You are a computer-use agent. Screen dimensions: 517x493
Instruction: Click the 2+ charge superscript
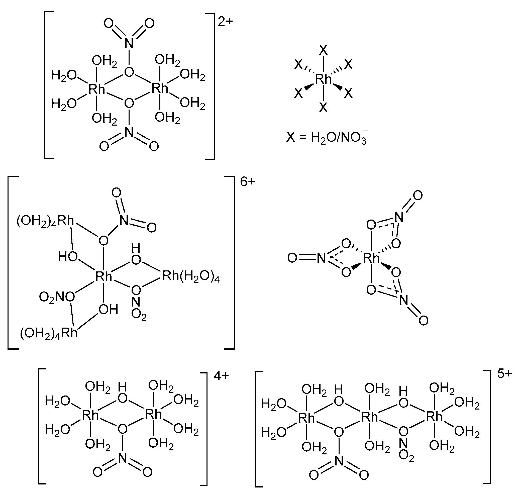pos(225,22)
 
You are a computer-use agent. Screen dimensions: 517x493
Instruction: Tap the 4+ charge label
pos(221,376)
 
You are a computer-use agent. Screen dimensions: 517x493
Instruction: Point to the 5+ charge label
pos(504,374)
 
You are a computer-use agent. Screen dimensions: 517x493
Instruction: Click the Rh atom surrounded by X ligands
pos(323,79)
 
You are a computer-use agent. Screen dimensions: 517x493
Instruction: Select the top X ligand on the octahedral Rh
pos(323,50)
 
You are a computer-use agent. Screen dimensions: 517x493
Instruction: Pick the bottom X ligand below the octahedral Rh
pos(323,108)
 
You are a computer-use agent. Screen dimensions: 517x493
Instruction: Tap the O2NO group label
pos(57,297)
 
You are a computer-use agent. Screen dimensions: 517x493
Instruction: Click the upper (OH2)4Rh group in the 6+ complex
pos(45,221)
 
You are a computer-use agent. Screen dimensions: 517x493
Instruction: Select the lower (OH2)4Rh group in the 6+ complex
pos(49,334)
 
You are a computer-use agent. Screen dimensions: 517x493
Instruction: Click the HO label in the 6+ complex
pos(68,256)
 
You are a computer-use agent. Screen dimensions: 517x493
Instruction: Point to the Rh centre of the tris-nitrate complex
pos(371,259)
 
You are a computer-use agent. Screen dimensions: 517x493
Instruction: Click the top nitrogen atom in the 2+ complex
pos(129,43)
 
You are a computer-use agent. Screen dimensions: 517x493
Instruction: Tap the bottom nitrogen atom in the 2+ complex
pos(129,132)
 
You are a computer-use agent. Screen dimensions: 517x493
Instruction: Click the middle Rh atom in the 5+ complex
pos(370,417)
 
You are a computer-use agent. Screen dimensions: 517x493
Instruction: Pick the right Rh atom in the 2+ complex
pos(160,88)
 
